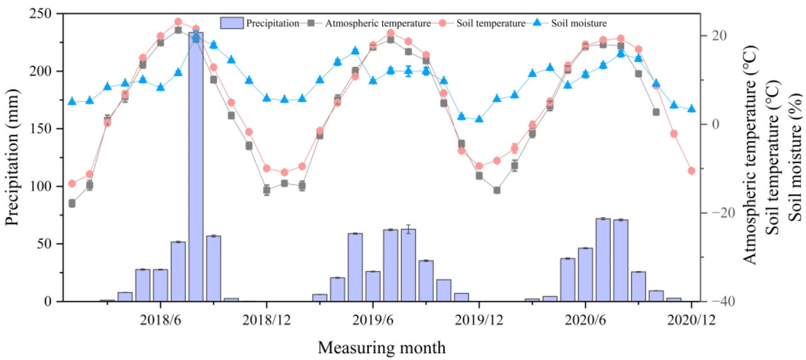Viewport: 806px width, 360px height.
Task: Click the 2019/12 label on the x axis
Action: [479, 319]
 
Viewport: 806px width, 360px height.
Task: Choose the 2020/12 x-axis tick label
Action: [691, 319]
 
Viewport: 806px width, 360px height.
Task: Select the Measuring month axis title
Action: [382, 347]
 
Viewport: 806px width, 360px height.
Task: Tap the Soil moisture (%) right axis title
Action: [795, 157]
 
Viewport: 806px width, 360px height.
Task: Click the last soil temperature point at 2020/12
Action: [691, 171]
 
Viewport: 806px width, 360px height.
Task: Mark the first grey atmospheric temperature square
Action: [72, 203]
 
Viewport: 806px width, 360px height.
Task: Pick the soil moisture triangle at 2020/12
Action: [691, 109]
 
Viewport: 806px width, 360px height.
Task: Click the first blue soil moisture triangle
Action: [72, 101]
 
